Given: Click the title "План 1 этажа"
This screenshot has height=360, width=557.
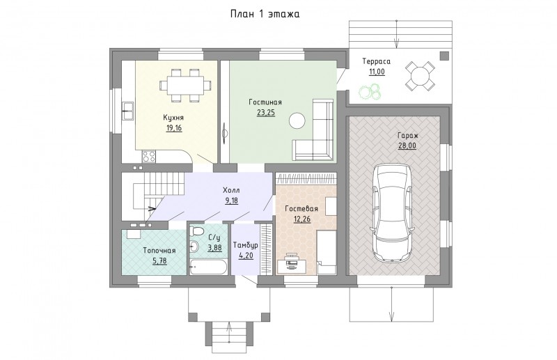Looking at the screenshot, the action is (x=265, y=14).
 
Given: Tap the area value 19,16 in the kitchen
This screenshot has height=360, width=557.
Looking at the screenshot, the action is (x=173, y=128).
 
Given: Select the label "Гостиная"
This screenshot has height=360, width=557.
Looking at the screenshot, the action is (x=265, y=102).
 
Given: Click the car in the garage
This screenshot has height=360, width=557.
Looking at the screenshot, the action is (x=393, y=212).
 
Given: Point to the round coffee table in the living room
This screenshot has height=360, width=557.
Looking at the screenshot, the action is (x=297, y=121).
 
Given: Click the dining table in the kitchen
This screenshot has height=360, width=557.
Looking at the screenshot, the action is (x=185, y=85).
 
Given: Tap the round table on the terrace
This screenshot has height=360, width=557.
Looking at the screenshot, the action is (x=421, y=75).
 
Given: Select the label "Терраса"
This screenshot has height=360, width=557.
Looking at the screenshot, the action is (x=376, y=61).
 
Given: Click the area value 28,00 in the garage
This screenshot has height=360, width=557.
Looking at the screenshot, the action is (x=407, y=146).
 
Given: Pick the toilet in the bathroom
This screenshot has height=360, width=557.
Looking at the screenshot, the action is (x=196, y=230).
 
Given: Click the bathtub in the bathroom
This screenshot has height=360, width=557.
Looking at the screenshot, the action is (x=207, y=267).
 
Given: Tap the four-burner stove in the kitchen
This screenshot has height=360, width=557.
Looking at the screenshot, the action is (x=148, y=157).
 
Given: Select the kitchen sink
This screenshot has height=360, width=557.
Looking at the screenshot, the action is (x=127, y=111).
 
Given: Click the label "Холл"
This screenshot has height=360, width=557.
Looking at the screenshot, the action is (x=231, y=191).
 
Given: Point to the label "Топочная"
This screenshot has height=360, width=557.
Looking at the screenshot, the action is (x=159, y=251).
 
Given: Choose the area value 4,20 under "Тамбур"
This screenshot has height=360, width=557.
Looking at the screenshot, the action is (x=246, y=256).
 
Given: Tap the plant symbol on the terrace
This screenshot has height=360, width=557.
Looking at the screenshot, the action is (x=370, y=91).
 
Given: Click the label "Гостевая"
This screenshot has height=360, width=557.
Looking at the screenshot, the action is (x=301, y=209).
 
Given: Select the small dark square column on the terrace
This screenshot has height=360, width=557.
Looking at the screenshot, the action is (x=444, y=56).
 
